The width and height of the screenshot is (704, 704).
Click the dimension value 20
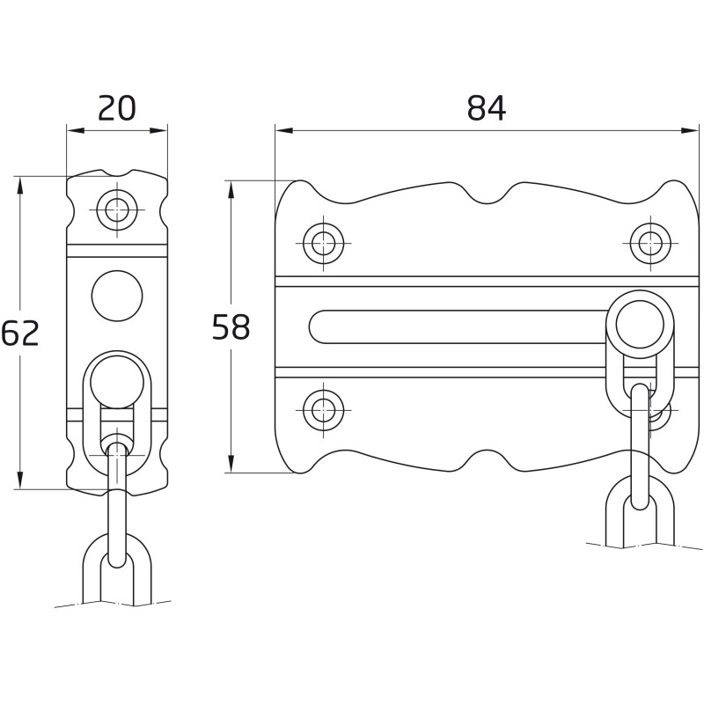[x=117, y=108]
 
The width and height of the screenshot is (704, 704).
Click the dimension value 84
[x=487, y=108]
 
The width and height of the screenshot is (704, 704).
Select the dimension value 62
[x=20, y=334]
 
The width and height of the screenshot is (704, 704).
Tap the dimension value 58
[x=231, y=327]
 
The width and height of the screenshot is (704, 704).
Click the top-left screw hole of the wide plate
[x=324, y=243]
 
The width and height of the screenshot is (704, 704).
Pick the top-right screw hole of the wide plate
[x=650, y=243]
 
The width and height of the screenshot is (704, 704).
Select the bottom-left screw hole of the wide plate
[x=324, y=408]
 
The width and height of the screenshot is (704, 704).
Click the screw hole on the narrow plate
[x=117, y=209]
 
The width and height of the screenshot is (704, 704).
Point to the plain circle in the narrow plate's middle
[x=117, y=296]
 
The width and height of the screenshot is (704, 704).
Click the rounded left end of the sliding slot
[x=319, y=326]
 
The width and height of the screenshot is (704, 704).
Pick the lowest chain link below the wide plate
[x=640, y=515]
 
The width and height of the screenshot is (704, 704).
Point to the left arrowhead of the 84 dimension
[x=281, y=131]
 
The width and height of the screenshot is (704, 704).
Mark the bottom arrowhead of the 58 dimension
[x=231, y=466]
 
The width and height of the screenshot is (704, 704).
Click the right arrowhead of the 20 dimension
[x=162, y=131]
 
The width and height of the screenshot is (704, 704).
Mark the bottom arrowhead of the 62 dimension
[x=19, y=483]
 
